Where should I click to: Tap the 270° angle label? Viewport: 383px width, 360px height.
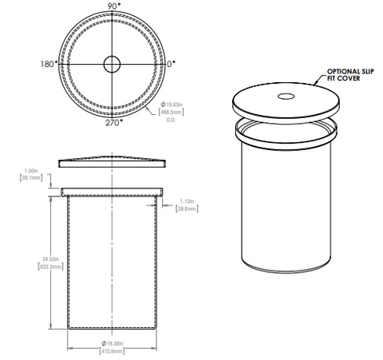pos(113,123)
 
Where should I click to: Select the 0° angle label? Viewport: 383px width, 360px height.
pos(172,62)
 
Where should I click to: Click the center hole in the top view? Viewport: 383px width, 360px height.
pos(113,63)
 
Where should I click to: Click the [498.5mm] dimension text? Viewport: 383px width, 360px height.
pos(171,113)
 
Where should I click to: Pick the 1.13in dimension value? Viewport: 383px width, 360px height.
pos(187,201)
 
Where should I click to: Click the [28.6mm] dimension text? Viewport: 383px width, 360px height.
pos(187,209)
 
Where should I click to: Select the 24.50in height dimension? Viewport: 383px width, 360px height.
pos(30,259)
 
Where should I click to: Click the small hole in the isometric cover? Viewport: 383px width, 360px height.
pos(285,97)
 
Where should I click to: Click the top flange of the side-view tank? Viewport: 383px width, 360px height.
pos(113,192)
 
